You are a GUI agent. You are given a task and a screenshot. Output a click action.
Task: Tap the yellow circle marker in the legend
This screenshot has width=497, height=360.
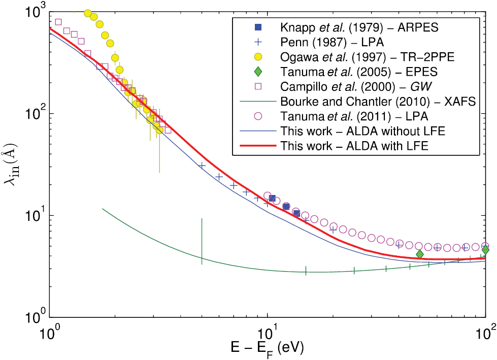[x=258, y=56]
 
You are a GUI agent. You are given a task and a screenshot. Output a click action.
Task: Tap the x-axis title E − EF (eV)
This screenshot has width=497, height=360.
[x=268, y=347]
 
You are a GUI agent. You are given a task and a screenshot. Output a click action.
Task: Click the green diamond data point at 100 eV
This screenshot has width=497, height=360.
[x=485, y=250]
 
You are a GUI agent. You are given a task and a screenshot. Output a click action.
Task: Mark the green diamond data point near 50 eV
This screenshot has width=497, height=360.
[x=419, y=254]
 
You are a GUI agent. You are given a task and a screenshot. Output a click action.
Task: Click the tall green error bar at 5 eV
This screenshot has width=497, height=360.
[x=202, y=239]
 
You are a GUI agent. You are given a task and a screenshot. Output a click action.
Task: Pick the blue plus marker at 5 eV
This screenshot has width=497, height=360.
[x=202, y=166]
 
